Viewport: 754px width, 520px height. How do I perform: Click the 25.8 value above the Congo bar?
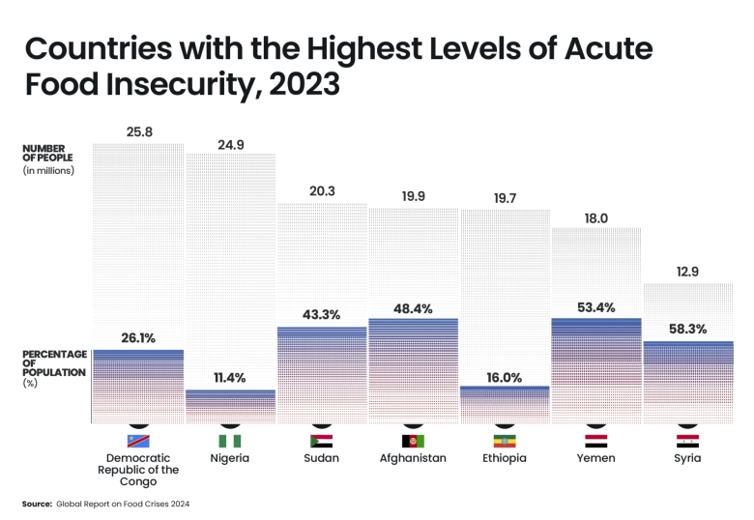(139, 130)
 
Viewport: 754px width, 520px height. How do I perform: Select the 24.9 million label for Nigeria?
(230, 145)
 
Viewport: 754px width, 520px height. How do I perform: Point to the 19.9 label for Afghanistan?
(413, 196)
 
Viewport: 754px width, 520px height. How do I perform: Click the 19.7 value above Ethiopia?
(504, 198)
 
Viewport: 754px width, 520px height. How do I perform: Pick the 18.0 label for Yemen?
(595, 218)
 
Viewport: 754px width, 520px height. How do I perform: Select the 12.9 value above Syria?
(687, 273)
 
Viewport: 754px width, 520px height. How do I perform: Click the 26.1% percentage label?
(139, 338)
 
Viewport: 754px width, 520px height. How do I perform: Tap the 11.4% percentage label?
(230, 379)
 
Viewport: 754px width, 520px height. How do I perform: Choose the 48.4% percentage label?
(413, 309)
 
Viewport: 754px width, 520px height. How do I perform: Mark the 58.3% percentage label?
(687, 329)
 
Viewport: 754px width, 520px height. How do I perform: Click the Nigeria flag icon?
(230, 441)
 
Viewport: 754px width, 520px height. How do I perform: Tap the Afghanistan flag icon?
(413, 441)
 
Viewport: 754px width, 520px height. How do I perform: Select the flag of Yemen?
(595, 441)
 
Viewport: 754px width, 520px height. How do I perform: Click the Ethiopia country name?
(504, 458)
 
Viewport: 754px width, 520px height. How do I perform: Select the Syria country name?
(687, 458)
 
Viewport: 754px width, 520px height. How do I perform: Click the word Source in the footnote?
(37, 504)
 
